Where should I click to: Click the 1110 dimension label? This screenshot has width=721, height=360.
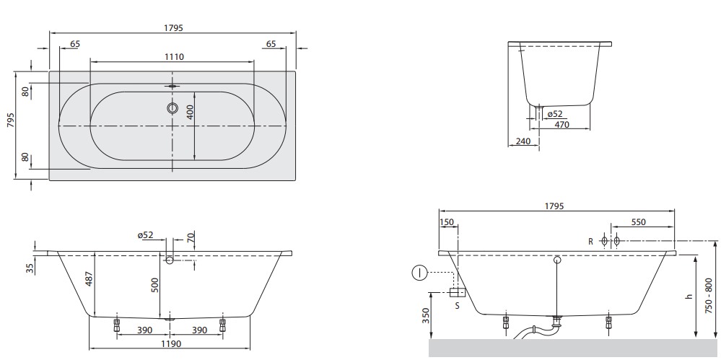174,57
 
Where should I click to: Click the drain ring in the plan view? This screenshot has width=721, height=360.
172,108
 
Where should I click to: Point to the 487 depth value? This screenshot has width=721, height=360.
89,280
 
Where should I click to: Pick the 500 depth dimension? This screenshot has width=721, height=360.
155,286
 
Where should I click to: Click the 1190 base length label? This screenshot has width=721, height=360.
170,343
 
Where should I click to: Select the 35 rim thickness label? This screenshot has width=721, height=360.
30,268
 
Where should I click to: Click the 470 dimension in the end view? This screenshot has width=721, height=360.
561,124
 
